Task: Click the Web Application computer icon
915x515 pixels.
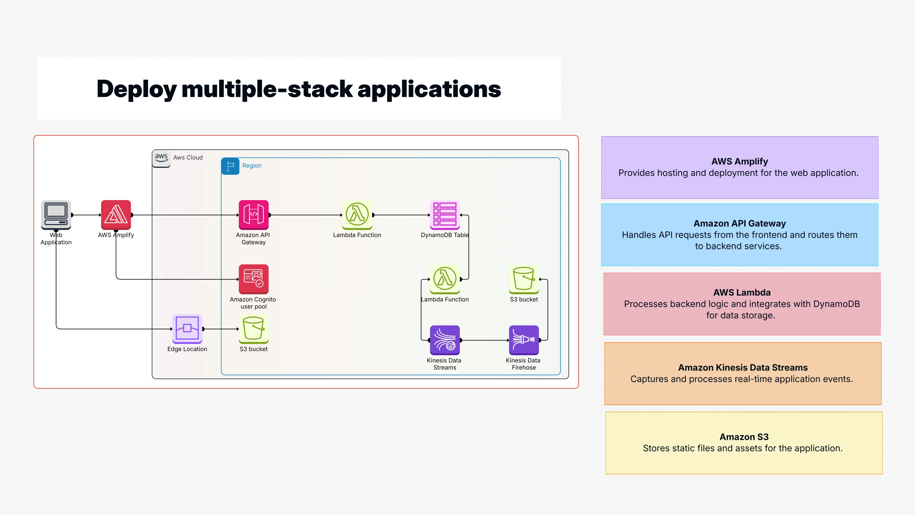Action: [x=56, y=214]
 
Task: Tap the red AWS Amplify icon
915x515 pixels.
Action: [x=116, y=214]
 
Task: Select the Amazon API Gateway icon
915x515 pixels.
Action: [x=253, y=214]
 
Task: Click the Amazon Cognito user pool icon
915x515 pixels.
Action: [x=253, y=279]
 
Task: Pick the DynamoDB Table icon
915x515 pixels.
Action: [x=445, y=214]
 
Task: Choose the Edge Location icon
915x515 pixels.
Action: [x=187, y=329]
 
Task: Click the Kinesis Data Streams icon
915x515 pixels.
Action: [x=445, y=340]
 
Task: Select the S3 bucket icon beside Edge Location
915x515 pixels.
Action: [x=253, y=329]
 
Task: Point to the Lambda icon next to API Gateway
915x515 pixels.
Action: [x=357, y=214]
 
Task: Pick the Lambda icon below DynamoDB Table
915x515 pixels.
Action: [x=445, y=279]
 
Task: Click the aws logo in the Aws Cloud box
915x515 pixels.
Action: [x=161, y=158]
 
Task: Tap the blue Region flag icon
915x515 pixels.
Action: [x=230, y=166]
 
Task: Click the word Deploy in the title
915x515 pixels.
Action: [x=136, y=89]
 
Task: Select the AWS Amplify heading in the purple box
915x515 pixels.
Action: [x=739, y=161]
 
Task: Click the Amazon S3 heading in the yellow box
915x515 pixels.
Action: [x=744, y=437]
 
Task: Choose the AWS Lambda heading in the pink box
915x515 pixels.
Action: [x=742, y=292]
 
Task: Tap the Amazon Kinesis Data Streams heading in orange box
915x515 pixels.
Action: [x=743, y=367]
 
